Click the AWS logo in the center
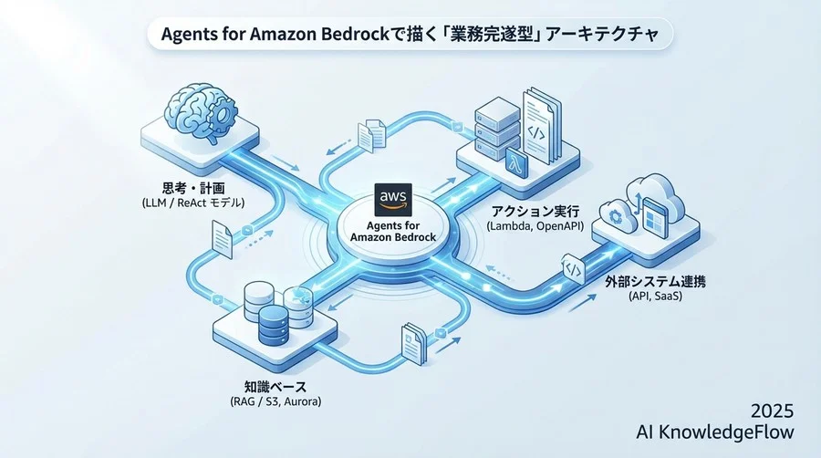(x=393, y=197)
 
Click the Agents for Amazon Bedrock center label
(x=393, y=228)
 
